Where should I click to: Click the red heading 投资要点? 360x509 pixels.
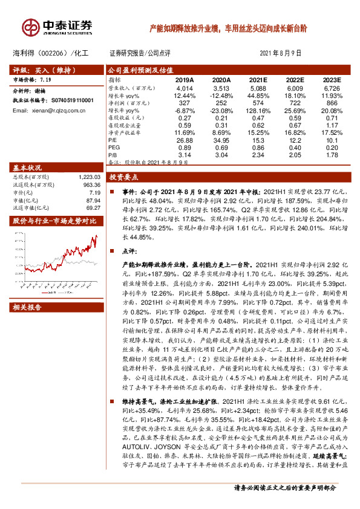(x=123, y=178)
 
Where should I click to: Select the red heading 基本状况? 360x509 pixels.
(x=27, y=167)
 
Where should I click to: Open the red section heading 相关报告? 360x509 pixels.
(x=27, y=308)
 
